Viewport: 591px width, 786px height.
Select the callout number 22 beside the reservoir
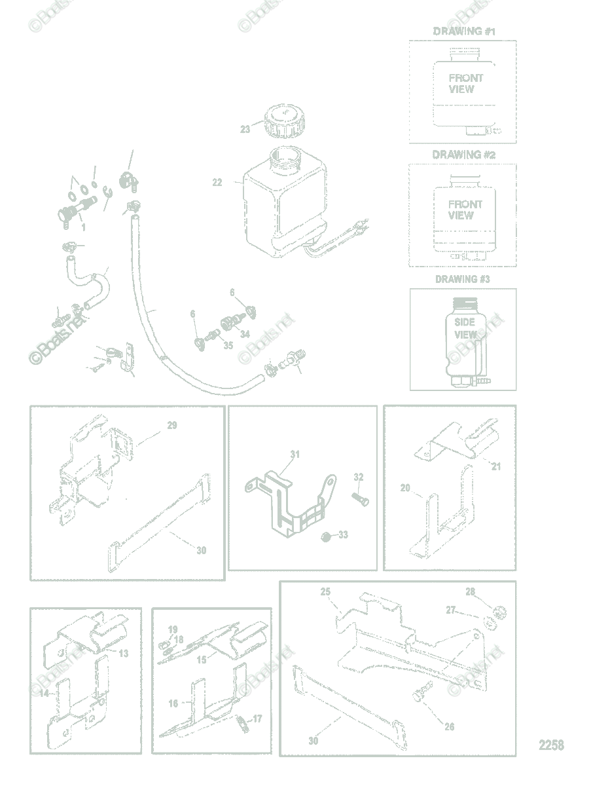click(x=217, y=182)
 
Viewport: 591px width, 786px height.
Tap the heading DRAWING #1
click(x=463, y=31)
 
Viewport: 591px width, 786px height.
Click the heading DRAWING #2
click(x=463, y=155)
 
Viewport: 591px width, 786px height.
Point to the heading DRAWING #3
click(x=463, y=279)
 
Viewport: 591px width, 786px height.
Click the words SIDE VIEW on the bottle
click(x=465, y=328)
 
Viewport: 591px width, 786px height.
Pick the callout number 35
click(x=228, y=345)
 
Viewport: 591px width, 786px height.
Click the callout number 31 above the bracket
click(x=295, y=455)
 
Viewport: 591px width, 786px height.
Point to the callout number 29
click(x=172, y=426)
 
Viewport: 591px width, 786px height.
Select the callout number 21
click(x=495, y=466)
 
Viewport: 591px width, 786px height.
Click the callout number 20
click(x=405, y=488)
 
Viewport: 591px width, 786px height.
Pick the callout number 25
click(x=325, y=592)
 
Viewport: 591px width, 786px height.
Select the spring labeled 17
click(x=242, y=722)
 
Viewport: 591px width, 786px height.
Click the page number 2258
click(x=551, y=745)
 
